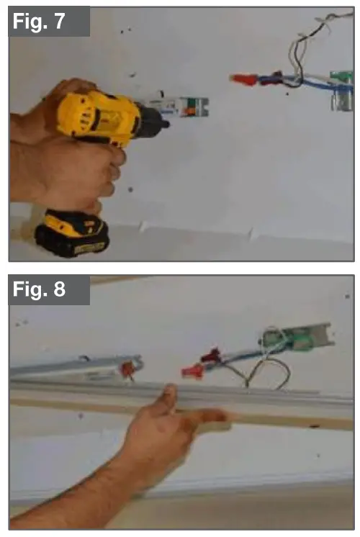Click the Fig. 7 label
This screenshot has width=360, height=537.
(48, 22)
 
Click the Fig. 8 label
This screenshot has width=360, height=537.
(48, 290)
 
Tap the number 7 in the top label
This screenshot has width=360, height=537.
(76, 22)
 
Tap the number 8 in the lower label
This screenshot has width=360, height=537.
(76, 290)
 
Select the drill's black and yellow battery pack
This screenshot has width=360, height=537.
(72, 234)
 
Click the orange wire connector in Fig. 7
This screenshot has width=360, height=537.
(243, 78)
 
